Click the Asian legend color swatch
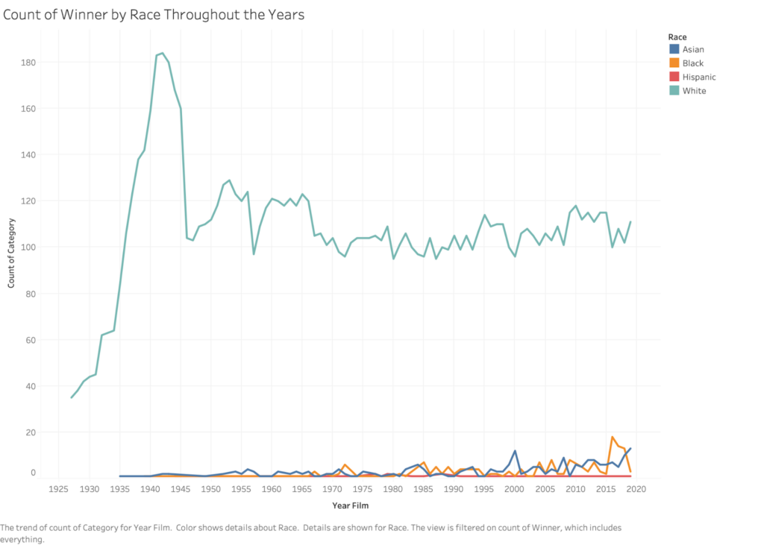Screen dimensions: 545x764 (675, 50)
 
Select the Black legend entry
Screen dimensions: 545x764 (693, 63)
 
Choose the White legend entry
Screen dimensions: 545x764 (694, 91)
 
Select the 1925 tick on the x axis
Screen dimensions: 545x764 (58, 489)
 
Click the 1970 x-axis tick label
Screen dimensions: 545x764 (332, 489)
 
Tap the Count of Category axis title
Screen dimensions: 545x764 (12, 253)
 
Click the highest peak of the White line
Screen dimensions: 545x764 (163, 53)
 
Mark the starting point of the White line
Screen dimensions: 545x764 (72, 397)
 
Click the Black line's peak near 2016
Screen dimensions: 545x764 (612, 437)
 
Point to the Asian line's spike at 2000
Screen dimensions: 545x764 (515, 450)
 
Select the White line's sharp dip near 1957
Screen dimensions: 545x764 (254, 254)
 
